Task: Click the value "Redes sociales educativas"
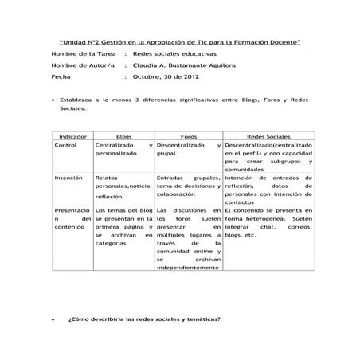174,52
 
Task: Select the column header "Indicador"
73,137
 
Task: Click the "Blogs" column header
124,137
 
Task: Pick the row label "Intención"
68,178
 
